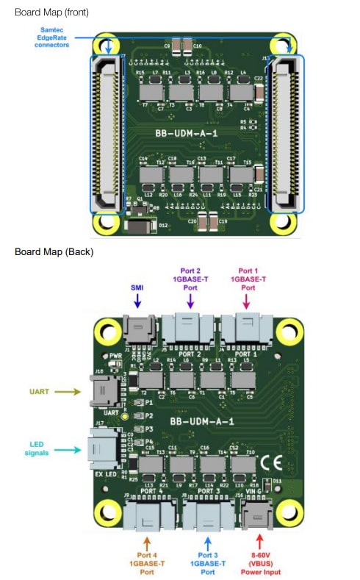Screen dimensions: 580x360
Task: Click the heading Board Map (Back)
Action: tap(54, 252)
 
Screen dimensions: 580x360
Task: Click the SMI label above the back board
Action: tap(137, 287)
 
